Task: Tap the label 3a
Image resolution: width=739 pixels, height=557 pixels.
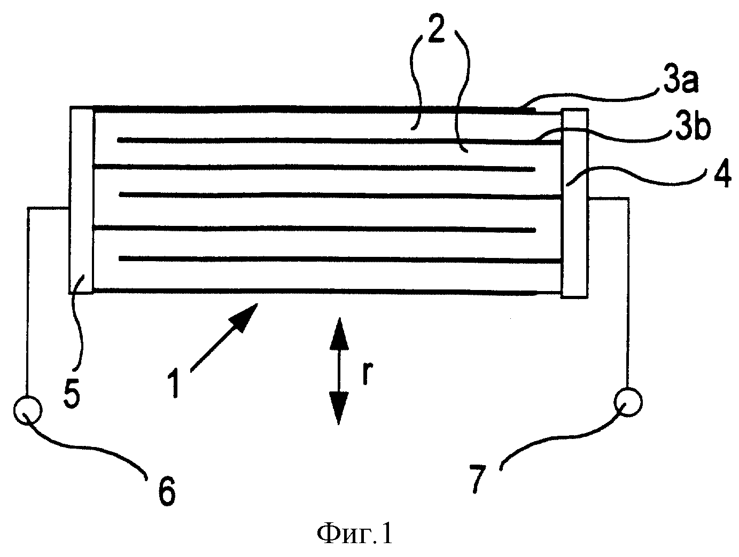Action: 680,81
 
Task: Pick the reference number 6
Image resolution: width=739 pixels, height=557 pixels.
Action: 167,491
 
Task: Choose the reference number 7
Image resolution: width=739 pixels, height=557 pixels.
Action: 478,478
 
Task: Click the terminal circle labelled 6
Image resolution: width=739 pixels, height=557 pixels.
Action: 28,410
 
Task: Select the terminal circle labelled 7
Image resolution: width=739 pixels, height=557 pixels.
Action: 628,402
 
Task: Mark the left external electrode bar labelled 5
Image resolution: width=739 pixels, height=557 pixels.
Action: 81,200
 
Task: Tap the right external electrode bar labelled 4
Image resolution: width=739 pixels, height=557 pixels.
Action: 574,203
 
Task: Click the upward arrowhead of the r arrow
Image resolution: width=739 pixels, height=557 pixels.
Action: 338,333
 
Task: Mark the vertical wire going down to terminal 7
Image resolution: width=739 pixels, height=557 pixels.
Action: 628,293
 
